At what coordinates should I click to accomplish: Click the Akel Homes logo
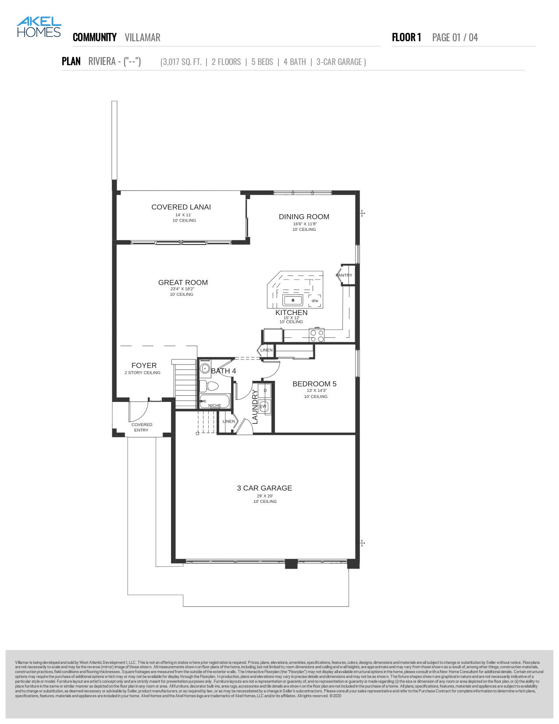pyautogui.click(x=39, y=27)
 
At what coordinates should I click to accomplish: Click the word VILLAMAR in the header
pyautogui.click(x=142, y=37)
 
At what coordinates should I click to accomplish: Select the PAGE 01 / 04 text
pyautogui.click(x=455, y=37)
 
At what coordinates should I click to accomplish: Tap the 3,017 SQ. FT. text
pyautogui.click(x=181, y=62)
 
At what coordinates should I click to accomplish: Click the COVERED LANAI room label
pyautogui.click(x=181, y=207)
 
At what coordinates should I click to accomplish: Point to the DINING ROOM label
pyautogui.click(x=304, y=217)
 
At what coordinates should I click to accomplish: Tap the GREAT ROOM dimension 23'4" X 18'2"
pyautogui.click(x=182, y=289)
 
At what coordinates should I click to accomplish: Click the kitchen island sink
pyautogui.click(x=292, y=301)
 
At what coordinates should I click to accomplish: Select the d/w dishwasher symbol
pyautogui.click(x=315, y=301)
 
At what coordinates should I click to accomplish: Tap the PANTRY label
pyautogui.click(x=344, y=276)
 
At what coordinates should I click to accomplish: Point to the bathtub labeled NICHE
pyautogui.click(x=214, y=401)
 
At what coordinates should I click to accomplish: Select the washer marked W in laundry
pyautogui.click(x=264, y=406)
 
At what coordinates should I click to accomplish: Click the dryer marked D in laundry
pyautogui.click(x=265, y=390)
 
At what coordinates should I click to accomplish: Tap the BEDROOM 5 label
pyautogui.click(x=314, y=384)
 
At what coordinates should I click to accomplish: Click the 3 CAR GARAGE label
pyautogui.click(x=264, y=488)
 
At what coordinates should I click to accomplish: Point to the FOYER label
pyautogui.click(x=144, y=366)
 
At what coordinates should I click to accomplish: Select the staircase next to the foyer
pyautogui.click(x=185, y=384)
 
